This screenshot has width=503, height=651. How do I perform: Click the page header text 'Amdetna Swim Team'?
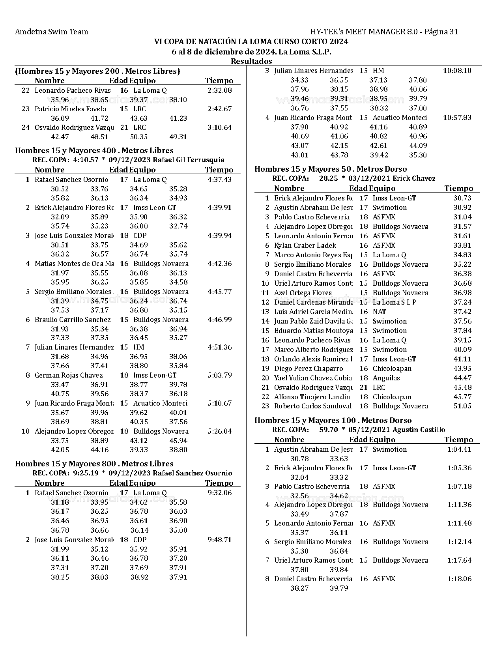pos(51,32)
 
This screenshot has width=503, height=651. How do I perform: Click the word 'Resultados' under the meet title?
pos(251,61)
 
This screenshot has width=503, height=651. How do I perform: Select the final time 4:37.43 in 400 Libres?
pos(220,180)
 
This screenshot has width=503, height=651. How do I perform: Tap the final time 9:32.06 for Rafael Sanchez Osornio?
pos(220,493)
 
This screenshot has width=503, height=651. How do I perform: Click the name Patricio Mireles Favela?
pos(70,109)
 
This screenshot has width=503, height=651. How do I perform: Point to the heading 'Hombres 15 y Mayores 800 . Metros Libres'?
pos(94,464)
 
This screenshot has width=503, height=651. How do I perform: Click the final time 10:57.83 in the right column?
pos(457,118)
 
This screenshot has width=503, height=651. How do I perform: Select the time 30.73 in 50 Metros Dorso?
pos(462,198)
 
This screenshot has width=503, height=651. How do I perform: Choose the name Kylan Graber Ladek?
pos(305,245)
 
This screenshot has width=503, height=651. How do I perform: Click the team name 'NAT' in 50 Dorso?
pos(379,312)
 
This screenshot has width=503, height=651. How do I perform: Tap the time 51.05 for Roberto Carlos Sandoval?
pos(462,406)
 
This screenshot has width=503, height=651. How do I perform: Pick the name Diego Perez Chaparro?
pos(309,369)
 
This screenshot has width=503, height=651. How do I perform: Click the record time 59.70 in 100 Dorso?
pos(328,430)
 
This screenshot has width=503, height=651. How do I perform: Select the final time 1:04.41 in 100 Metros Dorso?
pos(459,449)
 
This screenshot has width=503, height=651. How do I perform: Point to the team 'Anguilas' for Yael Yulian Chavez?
pos(386,378)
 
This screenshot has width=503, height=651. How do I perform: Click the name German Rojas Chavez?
pos(69,375)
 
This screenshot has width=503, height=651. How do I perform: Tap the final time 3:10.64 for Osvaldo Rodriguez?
pos(220,127)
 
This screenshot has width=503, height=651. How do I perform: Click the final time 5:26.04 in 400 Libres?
pos(220,431)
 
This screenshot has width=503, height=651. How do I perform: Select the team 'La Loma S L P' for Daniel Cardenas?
pos(395,302)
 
